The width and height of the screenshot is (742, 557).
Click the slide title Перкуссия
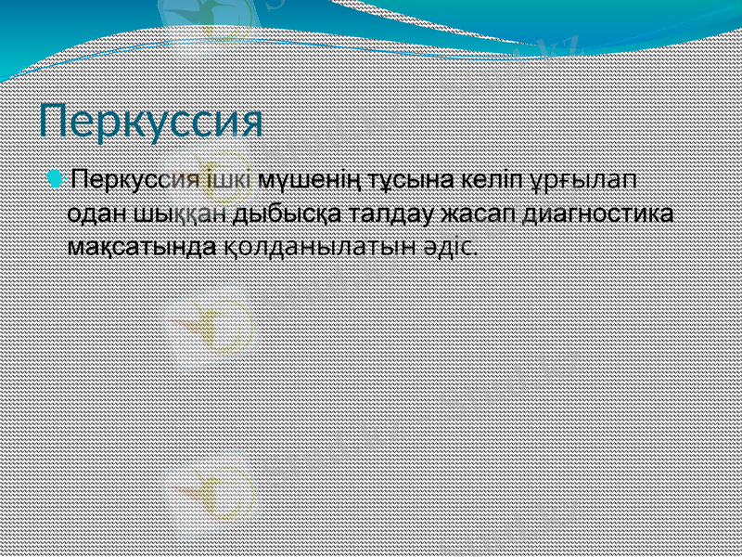[x=151, y=122]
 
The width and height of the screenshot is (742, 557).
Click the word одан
[x=98, y=214]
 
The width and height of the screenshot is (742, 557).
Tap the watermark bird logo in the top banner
[x=199, y=23]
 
